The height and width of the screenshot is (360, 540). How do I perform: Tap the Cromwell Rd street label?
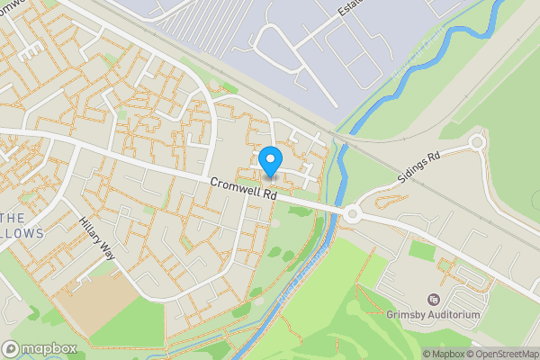coord(243,193)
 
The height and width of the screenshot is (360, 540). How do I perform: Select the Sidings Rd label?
coord(420,168)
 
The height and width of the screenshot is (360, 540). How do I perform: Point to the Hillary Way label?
coord(98,237)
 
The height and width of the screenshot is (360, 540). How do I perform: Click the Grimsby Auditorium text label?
coord(434,316)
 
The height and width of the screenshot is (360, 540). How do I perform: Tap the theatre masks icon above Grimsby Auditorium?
coord(434,300)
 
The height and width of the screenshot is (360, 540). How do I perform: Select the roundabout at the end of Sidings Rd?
coord(476,142)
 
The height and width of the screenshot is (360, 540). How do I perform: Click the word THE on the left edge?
coord(12,219)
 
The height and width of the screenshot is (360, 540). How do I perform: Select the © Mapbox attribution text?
coord(443,354)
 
